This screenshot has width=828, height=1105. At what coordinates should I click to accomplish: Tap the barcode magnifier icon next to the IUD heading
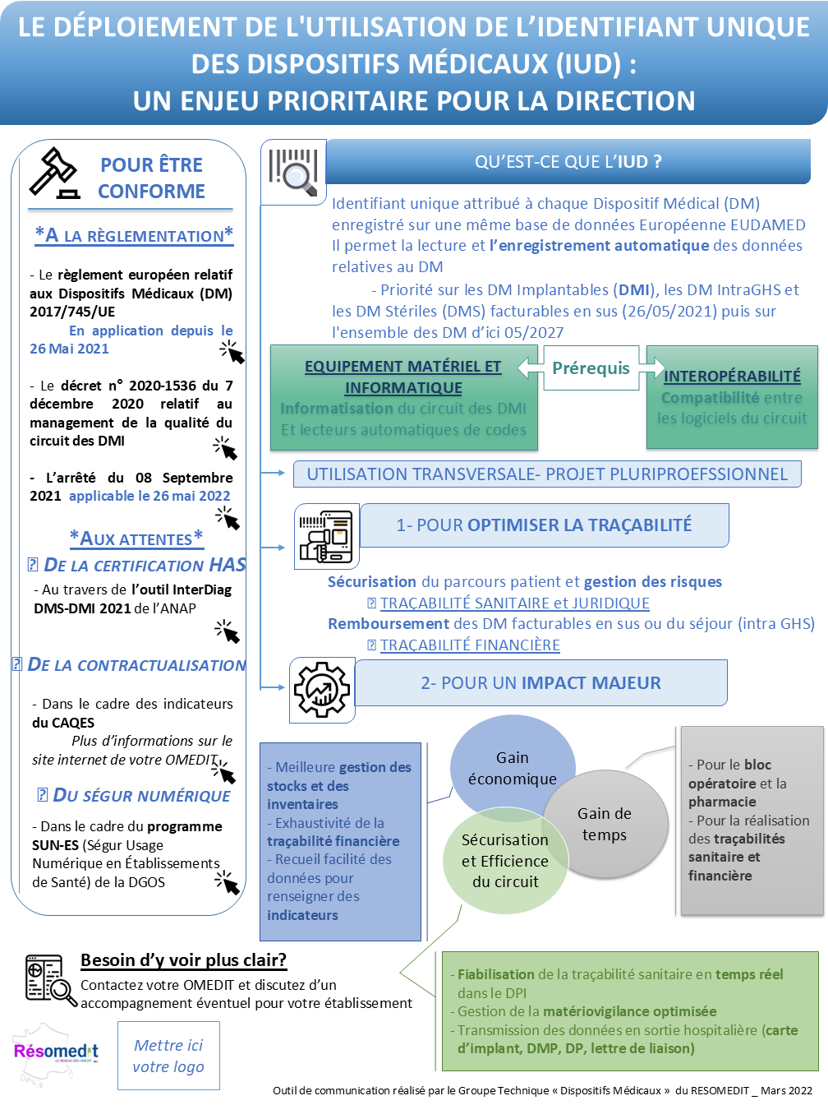[x=293, y=172]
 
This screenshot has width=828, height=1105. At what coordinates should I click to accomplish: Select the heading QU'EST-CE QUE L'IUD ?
[x=568, y=162]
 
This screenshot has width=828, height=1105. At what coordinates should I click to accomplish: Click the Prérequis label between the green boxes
[x=591, y=368]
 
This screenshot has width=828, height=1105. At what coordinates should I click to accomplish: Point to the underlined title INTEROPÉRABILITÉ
[x=732, y=376]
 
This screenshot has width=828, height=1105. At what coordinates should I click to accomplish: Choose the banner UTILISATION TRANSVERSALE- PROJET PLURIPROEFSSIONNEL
[x=547, y=474]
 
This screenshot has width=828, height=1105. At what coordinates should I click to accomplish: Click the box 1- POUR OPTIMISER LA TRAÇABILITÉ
[x=544, y=525]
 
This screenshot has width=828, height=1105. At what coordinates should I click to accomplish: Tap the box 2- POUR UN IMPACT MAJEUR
[x=540, y=682]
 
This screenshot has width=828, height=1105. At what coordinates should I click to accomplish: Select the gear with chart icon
[x=322, y=690]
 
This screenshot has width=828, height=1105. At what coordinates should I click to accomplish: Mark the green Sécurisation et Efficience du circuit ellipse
[x=504, y=861]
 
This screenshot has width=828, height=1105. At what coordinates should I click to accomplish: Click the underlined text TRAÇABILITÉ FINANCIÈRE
[x=470, y=645]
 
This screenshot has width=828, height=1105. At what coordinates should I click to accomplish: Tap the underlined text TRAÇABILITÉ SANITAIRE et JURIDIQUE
[x=514, y=603]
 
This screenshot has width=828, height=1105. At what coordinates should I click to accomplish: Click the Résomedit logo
[x=55, y=1052]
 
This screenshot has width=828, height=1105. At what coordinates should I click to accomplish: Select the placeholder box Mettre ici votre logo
[x=168, y=1056]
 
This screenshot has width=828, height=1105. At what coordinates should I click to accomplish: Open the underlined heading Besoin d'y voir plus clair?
[x=183, y=959]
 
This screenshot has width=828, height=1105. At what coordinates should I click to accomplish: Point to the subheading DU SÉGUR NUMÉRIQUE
[x=141, y=796]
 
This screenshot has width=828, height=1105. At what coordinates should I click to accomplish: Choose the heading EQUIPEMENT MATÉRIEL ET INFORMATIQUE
[x=402, y=377]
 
